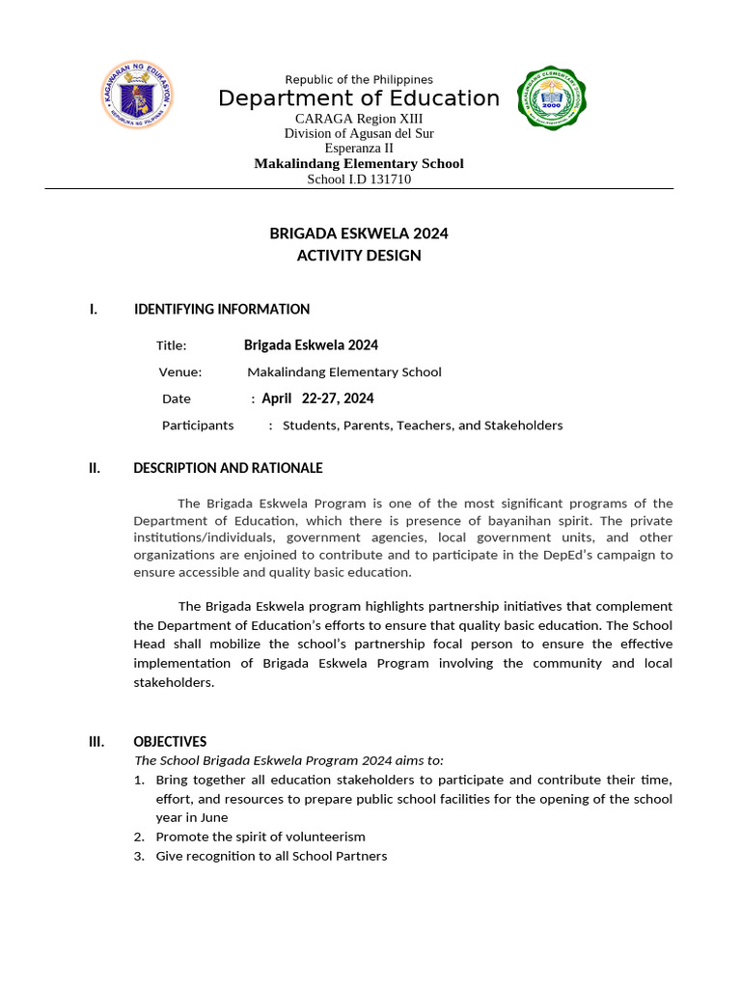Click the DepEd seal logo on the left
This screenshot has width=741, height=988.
(x=138, y=97)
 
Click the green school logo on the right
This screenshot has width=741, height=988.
(x=552, y=98)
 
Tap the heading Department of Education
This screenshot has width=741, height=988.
(x=359, y=98)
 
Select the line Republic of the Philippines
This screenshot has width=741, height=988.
(x=359, y=79)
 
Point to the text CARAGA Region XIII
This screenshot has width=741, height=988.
(x=359, y=118)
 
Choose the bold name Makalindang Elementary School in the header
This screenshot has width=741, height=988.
(x=359, y=164)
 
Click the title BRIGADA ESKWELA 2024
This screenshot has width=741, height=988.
(x=359, y=233)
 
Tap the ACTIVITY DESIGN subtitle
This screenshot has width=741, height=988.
(x=359, y=256)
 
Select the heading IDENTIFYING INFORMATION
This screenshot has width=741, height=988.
(x=222, y=310)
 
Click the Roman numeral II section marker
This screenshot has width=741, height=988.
(x=95, y=469)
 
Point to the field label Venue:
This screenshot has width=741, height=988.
(x=180, y=372)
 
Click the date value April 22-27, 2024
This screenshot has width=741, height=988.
(x=317, y=398)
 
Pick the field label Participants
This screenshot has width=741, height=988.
(x=198, y=425)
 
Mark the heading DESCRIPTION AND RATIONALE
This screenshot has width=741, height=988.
(x=228, y=469)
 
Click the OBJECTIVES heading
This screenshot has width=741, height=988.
(x=170, y=742)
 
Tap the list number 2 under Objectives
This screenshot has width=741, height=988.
(x=140, y=837)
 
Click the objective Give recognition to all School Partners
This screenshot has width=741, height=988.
(x=271, y=856)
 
